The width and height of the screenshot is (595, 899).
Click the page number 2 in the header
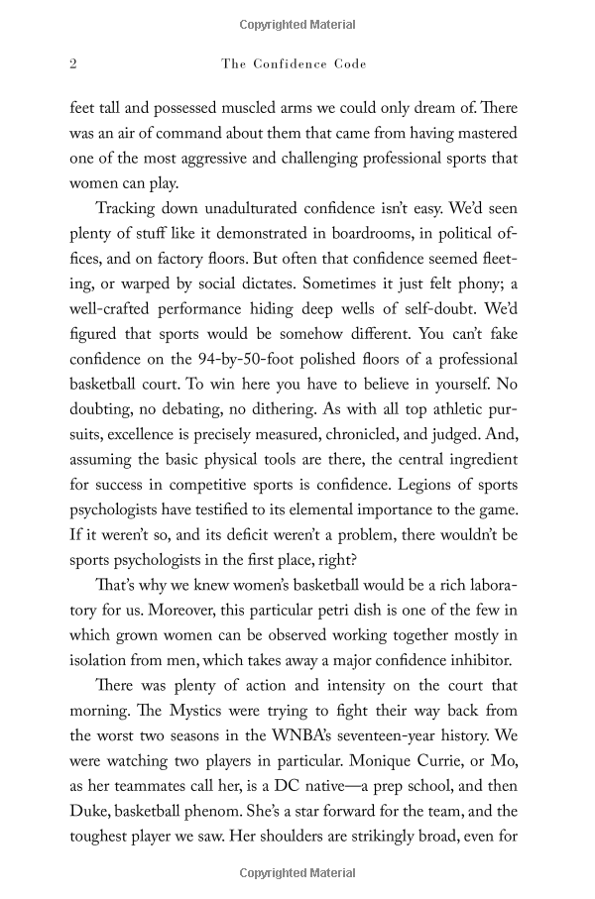tap(72, 63)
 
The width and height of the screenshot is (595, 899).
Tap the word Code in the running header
tap(348, 63)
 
